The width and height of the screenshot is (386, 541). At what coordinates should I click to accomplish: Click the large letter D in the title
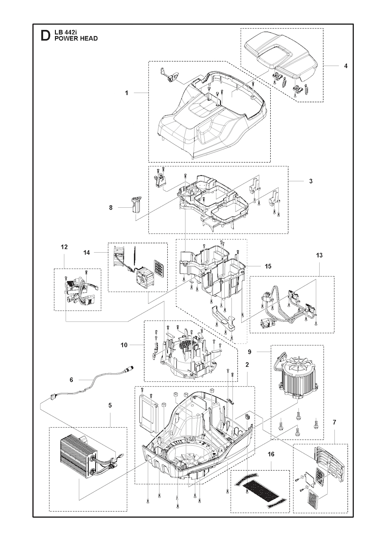(45, 36)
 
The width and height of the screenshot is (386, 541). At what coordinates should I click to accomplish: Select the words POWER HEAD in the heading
(76, 38)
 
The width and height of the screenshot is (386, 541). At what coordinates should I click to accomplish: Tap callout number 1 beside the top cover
(127, 93)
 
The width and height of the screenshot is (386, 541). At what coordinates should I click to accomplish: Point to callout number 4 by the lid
(346, 66)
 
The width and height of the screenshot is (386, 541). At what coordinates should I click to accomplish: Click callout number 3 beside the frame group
(311, 181)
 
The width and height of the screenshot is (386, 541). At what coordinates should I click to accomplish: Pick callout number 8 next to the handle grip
(111, 208)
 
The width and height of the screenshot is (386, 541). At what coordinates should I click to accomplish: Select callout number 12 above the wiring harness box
(64, 247)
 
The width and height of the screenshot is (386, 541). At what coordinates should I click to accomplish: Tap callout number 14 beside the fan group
(86, 253)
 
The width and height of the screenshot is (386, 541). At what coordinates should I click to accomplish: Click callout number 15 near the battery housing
(268, 267)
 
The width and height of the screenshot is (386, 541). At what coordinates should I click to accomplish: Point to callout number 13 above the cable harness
(319, 255)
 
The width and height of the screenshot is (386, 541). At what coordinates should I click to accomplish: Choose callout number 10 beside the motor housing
(124, 345)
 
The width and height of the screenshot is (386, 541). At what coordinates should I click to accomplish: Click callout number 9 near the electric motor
(250, 352)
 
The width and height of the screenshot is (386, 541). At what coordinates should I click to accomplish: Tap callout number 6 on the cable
(71, 380)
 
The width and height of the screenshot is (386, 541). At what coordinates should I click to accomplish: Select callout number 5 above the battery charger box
(110, 405)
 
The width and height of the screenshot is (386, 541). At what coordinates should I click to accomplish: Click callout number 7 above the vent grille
(334, 422)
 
